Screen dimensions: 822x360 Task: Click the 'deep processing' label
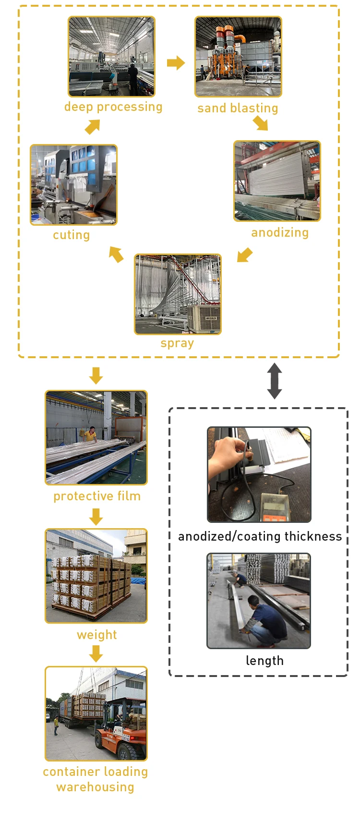coord(113,107)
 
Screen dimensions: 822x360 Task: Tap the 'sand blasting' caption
coord(238,108)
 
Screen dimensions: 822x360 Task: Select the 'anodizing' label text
coord(280,232)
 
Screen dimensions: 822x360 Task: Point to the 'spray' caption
coord(177,343)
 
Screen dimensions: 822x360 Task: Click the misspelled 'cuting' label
coord(72,235)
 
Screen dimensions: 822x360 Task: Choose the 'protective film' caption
coord(97,496)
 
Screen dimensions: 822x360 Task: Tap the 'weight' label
coord(97,635)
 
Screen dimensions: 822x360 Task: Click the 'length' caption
coord(264,661)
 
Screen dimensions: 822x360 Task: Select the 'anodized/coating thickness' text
coord(260,536)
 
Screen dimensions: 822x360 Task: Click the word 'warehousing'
coord(95,787)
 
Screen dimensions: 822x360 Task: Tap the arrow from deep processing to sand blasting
coord(176,62)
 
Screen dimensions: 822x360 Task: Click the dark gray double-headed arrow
coord(275,381)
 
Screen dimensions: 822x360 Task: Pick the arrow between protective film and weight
coord(96,517)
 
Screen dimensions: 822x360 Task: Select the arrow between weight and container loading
coord(96,653)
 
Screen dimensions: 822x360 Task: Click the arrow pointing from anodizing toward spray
coord(244,255)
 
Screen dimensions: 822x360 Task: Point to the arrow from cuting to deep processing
coord(92,127)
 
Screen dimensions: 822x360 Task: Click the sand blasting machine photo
coord(238,57)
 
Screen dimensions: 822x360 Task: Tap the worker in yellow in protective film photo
coord(90,434)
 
